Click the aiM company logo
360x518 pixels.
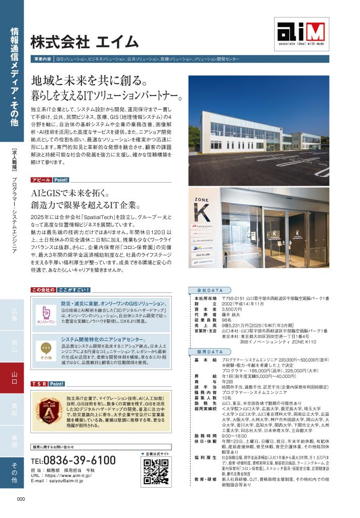301,34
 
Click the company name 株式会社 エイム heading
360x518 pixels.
84,41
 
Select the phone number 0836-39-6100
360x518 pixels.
73,460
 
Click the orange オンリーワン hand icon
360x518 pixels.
46,314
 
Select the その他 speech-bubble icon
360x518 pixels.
46,349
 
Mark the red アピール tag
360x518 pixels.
41,180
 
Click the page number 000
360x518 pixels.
20,499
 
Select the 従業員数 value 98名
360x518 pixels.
228,320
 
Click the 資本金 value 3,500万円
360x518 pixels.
232,309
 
